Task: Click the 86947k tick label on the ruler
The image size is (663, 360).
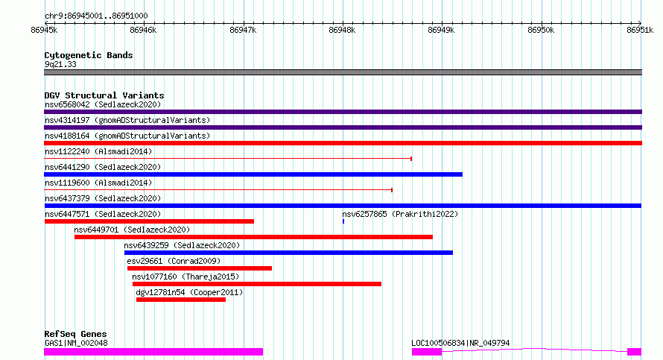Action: (x=243, y=30)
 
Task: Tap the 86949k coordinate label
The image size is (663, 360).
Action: (x=441, y=30)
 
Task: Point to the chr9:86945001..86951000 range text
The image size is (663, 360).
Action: (x=96, y=16)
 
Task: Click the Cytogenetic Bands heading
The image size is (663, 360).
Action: (x=89, y=55)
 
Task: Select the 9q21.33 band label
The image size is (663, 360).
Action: (x=60, y=64)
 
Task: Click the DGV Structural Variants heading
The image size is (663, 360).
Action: (x=104, y=95)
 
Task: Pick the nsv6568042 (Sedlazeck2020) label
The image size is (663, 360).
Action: (x=103, y=104)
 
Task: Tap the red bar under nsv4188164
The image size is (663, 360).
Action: (x=343, y=143)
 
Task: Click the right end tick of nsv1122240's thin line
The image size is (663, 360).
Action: (x=411, y=159)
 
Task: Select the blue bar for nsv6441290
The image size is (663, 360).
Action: (x=253, y=174)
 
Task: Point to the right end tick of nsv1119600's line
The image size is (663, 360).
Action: (x=392, y=190)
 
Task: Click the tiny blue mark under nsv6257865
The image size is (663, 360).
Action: (x=343, y=221)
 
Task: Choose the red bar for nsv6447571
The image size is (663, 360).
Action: (x=149, y=221)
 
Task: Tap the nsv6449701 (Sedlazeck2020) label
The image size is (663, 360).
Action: (x=132, y=230)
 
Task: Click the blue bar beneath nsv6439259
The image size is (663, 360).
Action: (x=288, y=253)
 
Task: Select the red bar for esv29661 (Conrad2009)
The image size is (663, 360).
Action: (x=200, y=268)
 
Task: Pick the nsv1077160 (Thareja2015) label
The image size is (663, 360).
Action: (x=185, y=277)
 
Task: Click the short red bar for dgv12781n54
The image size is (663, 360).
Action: (x=181, y=300)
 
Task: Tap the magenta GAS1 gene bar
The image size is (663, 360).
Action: (x=153, y=352)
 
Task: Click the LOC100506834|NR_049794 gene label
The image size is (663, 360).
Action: (x=460, y=343)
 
